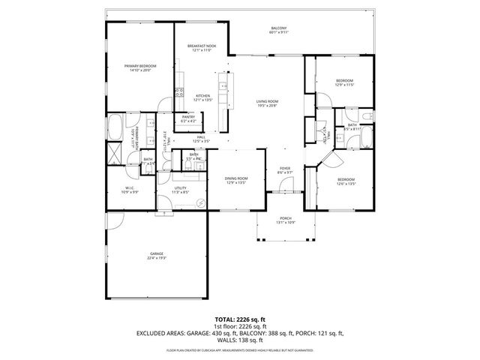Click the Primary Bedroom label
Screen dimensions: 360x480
pos(140,67)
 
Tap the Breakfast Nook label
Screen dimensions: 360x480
pos(202,46)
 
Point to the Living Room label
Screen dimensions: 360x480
pos(267,101)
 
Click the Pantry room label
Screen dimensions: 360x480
pos(188,116)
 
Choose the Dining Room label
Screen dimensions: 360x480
pos(236,178)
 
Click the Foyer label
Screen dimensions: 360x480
pos(285,168)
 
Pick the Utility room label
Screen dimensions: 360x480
pos(180,187)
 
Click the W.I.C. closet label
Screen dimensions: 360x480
pos(130,187)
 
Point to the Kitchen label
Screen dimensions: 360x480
pos(202,96)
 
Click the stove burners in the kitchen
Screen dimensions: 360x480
pos(178,94)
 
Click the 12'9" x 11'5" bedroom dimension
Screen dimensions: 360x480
pos(344,85)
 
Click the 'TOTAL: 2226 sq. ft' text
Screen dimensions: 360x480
pos(240,319)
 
